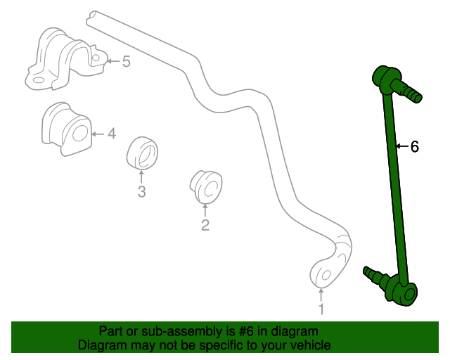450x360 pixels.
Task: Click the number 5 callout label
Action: tap(127, 61)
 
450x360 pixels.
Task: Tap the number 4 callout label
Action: tap(112, 134)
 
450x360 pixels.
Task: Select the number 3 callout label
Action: tap(141, 191)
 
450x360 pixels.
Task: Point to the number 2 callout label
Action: tap(205, 225)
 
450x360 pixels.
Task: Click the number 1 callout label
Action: tap(321, 309)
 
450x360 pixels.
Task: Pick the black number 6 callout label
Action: tap(415, 146)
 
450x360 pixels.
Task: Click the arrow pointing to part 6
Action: tap(403, 146)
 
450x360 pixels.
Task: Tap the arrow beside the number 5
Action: tap(114, 61)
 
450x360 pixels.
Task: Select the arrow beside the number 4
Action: tap(98, 134)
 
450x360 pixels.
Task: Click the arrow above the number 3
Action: tap(141, 176)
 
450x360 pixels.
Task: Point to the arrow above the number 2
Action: tap(205, 210)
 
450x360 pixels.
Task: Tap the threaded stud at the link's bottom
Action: tap(375, 276)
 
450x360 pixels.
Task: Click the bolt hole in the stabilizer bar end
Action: tap(326, 276)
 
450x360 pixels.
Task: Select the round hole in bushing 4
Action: tap(79, 133)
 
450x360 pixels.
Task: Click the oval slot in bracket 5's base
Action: tap(38, 80)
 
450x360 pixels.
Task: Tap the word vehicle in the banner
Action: tap(311, 345)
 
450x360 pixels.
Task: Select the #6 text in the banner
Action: tap(246, 331)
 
